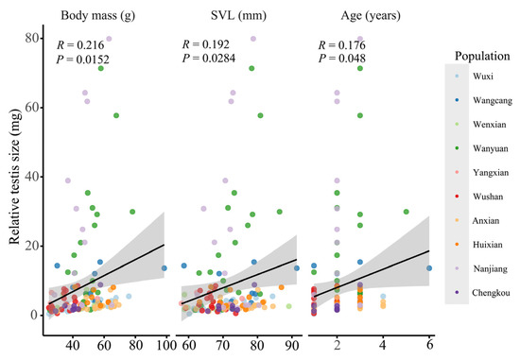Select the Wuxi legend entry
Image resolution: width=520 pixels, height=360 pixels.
(484, 75)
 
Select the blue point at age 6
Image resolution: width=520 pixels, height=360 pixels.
(428, 267)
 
